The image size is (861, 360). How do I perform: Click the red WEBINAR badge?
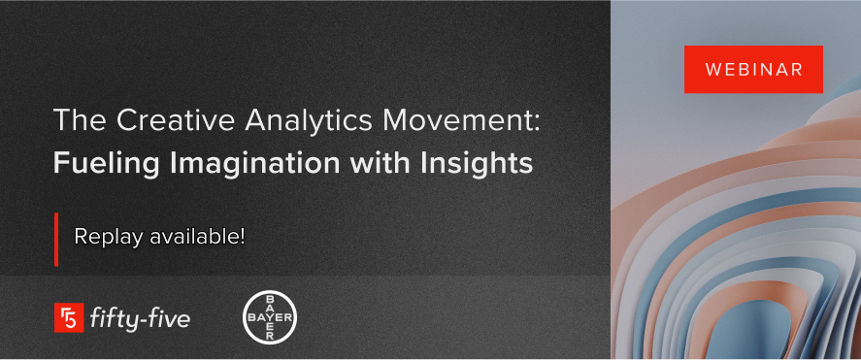[753, 70]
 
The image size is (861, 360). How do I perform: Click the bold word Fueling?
[94, 162]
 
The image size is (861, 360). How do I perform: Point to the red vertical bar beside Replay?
[56, 238]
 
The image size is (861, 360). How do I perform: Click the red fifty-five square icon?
[68, 317]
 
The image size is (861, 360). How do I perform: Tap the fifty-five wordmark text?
[139, 317]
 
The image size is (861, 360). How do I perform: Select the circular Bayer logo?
[269, 317]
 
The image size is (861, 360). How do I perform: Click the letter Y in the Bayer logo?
[269, 317]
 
